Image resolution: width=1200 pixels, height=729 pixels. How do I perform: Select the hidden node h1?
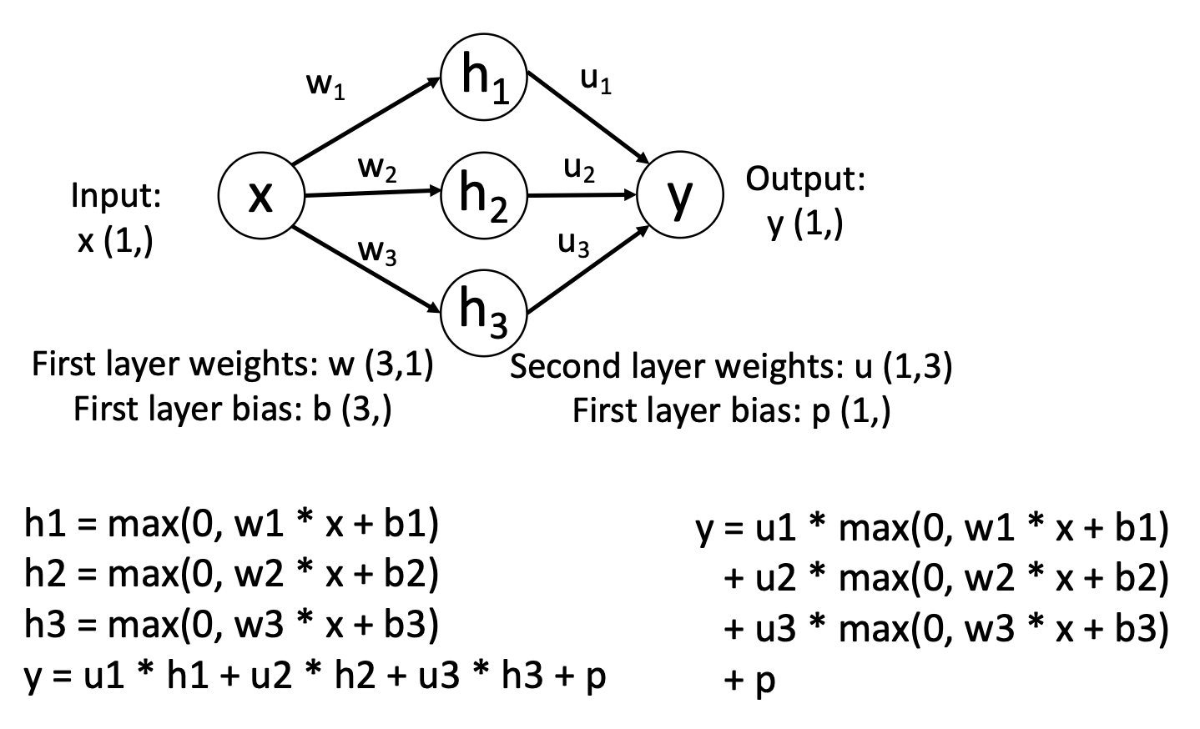[x=485, y=78]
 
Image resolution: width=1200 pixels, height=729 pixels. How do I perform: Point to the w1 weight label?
[x=326, y=86]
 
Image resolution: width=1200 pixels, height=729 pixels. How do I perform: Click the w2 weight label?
[x=377, y=169]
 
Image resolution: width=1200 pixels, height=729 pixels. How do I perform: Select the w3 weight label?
[x=377, y=250]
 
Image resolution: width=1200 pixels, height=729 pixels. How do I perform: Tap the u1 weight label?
[x=596, y=81]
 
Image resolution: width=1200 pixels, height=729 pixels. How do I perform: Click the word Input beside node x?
[x=116, y=197]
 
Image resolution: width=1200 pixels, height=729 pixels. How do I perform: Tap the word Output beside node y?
[x=805, y=179]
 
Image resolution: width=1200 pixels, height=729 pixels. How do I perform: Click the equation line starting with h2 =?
[x=231, y=575]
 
